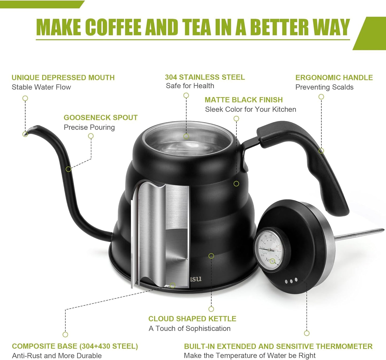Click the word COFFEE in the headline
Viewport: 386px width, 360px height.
coord(114,27)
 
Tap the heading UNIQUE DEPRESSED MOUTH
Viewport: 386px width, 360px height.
coord(63,78)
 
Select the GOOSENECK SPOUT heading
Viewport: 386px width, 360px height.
coord(100,118)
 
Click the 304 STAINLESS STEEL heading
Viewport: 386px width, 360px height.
coord(205,77)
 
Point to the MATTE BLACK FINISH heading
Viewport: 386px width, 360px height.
coord(244,100)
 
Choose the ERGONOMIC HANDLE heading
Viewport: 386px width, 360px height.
coord(334,78)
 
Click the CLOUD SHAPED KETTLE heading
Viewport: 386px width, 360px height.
coord(192,319)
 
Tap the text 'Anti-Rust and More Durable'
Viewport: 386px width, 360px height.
coord(57,356)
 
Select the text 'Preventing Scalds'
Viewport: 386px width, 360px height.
coord(324,87)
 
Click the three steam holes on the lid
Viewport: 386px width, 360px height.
coord(291,281)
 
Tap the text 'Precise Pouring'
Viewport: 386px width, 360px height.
coord(89,127)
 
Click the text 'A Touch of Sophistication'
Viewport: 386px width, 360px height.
coord(190,328)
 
